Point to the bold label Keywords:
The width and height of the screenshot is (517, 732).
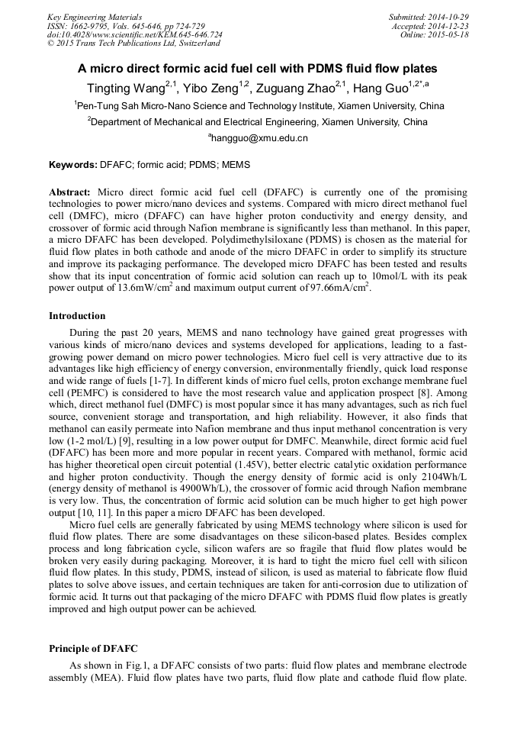coord(73,165)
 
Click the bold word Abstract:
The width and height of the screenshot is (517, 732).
coord(69,192)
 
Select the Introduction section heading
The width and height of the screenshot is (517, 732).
coord(77,316)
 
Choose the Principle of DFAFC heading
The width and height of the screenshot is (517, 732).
coord(93,649)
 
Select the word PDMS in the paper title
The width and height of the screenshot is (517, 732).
coord(339,69)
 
